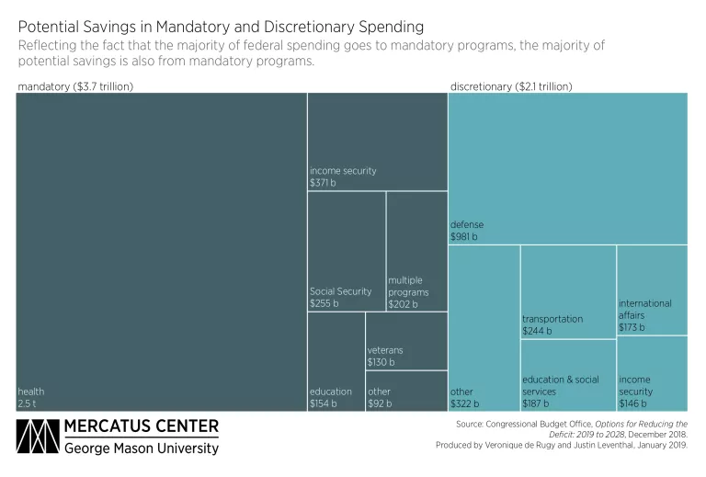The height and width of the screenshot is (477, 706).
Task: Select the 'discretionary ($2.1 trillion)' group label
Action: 511,85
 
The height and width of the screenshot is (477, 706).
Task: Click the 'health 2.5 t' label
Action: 31,397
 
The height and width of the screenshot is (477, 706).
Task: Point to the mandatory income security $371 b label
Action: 342,176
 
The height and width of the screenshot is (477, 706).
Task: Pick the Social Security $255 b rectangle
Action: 346,251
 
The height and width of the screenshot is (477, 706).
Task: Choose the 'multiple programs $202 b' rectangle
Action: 416,251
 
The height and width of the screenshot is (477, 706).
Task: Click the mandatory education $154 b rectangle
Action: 336,361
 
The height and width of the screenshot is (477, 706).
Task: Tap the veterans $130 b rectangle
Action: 406,341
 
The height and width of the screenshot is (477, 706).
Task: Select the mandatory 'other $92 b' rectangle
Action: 406,391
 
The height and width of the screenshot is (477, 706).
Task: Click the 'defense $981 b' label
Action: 467,231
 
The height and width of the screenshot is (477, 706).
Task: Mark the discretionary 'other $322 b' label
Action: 464,397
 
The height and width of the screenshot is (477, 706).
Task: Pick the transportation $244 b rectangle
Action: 568,291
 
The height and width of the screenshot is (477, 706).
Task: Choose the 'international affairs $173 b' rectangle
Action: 652,290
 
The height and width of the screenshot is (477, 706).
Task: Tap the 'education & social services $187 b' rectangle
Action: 568,375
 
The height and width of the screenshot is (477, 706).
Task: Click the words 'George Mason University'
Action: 142,449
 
